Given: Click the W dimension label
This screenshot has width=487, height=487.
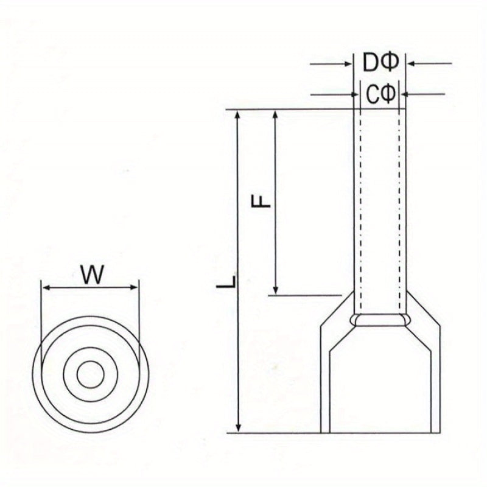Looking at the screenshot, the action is pyautogui.click(x=92, y=275).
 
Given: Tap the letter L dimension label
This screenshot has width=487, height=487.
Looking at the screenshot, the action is pyautogui.click(x=226, y=281).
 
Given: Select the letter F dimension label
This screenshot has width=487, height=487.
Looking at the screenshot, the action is pyautogui.click(x=261, y=201).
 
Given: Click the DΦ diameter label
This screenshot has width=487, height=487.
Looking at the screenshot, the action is pyautogui.click(x=380, y=63).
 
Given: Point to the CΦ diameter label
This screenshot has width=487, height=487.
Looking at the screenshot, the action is pyautogui.click(x=381, y=94).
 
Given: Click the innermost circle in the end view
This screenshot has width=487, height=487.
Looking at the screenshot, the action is pyautogui.click(x=90, y=374).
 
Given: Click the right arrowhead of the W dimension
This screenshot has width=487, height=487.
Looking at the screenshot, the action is pyautogui.click(x=133, y=287).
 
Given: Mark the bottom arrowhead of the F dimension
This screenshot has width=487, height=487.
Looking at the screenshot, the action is pyautogui.click(x=275, y=290).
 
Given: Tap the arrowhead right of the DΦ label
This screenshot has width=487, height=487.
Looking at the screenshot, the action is pyautogui.click(x=412, y=64).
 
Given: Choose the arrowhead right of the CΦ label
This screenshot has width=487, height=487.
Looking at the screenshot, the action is pyautogui.click(x=404, y=94).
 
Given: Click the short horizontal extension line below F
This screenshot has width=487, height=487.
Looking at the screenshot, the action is pyautogui.click(x=305, y=295).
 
